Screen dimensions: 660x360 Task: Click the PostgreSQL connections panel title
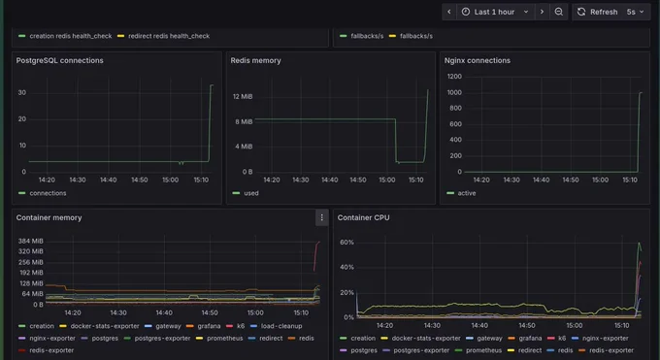59,60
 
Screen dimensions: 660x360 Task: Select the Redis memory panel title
255,60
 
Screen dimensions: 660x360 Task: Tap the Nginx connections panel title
477,60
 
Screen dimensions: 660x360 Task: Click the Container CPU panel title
363,217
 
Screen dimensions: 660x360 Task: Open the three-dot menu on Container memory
321,217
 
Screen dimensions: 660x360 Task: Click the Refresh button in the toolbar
598,12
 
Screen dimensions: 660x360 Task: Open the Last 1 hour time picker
495,12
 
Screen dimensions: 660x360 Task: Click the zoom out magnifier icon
558,12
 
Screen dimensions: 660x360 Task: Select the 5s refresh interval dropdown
636,12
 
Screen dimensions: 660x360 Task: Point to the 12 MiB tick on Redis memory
243,96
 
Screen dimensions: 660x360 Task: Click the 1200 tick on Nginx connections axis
454,77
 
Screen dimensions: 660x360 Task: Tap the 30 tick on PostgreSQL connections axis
22,92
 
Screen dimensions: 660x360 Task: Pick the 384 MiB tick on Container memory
30,241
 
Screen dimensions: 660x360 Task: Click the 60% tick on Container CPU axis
346,243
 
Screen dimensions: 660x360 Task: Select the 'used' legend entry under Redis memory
246,193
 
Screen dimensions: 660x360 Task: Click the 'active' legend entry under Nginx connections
461,193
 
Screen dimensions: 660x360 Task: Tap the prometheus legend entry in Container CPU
478,350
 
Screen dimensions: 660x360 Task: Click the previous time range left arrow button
449,12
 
